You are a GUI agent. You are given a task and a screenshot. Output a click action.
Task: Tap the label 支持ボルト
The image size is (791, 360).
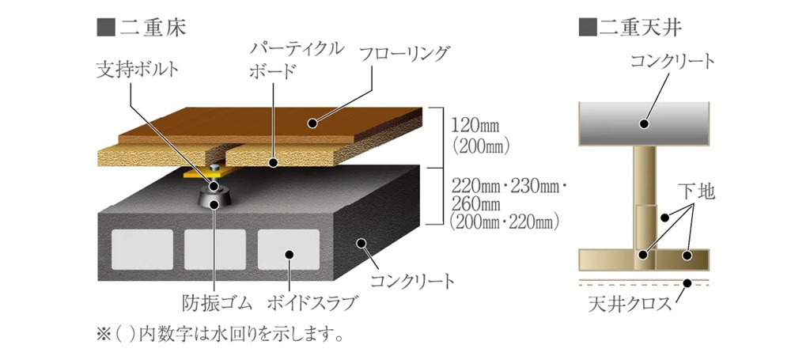[x=137, y=70]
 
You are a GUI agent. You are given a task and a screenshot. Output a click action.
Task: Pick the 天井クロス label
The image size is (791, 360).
[x=630, y=304]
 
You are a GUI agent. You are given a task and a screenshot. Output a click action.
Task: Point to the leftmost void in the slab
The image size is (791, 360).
[x=142, y=249]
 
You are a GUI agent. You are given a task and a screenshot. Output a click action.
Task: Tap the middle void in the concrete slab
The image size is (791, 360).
[x=215, y=249]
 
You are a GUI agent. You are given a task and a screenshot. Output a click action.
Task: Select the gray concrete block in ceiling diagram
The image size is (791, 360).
[x=644, y=124]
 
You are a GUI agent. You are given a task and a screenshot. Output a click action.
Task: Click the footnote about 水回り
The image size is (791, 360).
[x=220, y=334]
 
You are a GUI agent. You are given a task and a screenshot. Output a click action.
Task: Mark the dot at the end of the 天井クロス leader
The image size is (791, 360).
[x=686, y=282]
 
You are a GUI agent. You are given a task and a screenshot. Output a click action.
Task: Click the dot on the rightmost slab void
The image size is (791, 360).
[x=290, y=254]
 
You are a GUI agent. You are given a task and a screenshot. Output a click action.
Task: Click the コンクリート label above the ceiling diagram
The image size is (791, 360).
[x=673, y=62]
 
